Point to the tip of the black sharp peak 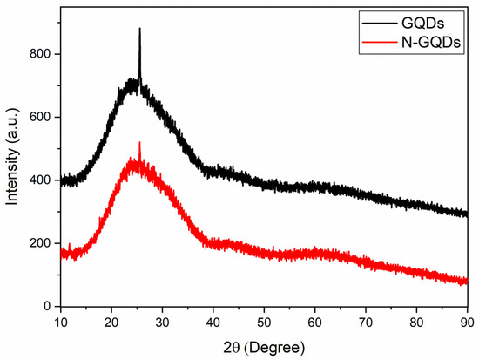pyautogui.click(x=139, y=29)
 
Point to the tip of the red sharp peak pyautogui.click(x=139, y=142)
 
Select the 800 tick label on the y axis pyautogui.click(x=39, y=54)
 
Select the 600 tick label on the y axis pyautogui.click(x=39, y=117)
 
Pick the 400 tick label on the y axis pyautogui.click(x=39, y=180)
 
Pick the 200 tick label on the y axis pyautogui.click(x=39, y=243)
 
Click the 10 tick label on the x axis pyautogui.click(x=60, y=322)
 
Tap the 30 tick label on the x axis pyautogui.click(x=162, y=322)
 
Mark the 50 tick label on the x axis pyautogui.click(x=264, y=322)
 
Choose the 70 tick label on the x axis pyautogui.click(x=366, y=322)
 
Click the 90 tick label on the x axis pyautogui.click(x=468, y=322)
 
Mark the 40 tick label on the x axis pyautogui.click(x=213, y=322)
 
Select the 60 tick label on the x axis pyautogui.click(x=315, y=322)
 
